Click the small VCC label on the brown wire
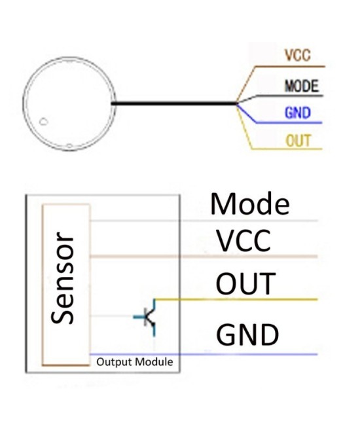(297, 56)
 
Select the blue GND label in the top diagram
(297, 113)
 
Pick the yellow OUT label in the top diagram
(298, 140)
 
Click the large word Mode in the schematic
(249, 204)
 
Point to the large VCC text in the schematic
(243, 242)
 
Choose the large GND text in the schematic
(247, 334)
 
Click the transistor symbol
(149, 317)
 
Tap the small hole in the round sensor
(43, 122)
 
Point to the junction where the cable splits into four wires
(236, 103)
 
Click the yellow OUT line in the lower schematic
(249, 300)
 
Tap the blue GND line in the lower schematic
(249, 354)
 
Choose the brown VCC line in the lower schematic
(249, 256)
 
